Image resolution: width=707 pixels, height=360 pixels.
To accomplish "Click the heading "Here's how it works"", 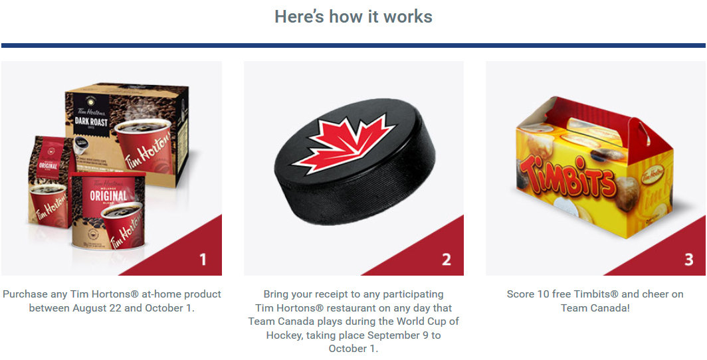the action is click(x=353, y=17).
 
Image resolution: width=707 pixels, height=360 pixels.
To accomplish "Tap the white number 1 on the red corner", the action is click(x=203, y=260).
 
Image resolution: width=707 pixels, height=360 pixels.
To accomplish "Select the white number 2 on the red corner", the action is click(x=446, y=260).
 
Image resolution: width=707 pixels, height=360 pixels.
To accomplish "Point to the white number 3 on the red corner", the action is click(x=688, y=260).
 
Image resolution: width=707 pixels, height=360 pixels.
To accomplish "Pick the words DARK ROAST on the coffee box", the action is click(x=90, y=121).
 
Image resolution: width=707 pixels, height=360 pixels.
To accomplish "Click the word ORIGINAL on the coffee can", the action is click(x=108, y=197).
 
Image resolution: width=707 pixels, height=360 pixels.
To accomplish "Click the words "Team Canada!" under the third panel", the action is click(x=595, y=308).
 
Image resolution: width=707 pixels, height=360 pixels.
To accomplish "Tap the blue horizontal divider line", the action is click(x=353, y=46).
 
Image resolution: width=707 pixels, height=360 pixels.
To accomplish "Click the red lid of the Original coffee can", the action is click(x=108, y=174).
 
